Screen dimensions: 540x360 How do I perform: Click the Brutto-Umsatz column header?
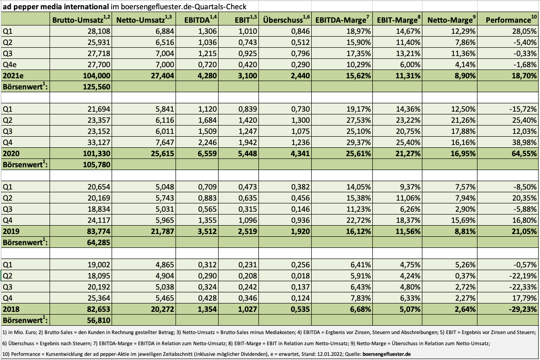point(81,19)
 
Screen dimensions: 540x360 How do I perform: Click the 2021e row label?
point(13,76)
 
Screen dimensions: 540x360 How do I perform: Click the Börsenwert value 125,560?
point(97,87)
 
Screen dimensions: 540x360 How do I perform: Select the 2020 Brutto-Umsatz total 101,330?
point(97,153)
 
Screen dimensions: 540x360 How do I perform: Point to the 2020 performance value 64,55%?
point(522,153)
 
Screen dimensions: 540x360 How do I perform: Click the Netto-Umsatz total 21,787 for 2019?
point(163,231)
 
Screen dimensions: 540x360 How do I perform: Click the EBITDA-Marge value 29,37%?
point(359,142)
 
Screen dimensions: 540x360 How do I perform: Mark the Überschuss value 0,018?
point(301,276)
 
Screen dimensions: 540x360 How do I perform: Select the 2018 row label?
point(11,309)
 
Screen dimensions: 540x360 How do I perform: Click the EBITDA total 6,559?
point(207,153)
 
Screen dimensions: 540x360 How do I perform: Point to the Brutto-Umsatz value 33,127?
point(99,142)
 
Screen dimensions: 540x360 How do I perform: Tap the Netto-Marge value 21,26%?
point(464,120)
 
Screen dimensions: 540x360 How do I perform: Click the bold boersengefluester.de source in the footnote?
point(387,354)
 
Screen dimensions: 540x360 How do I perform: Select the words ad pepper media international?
point(56,6)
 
